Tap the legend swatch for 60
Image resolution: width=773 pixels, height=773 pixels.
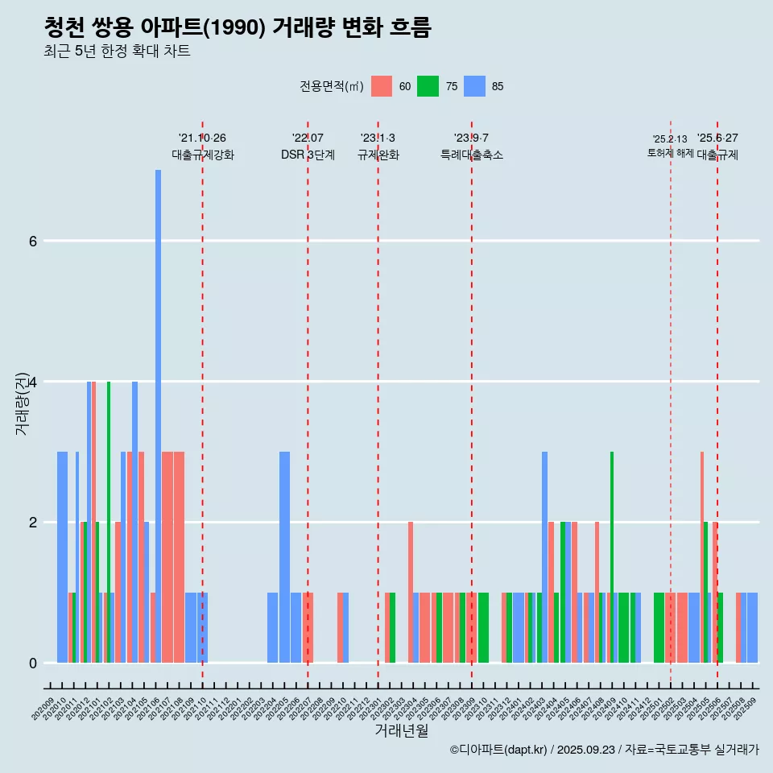tap(382, 87)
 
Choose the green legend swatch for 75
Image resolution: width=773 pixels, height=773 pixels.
tap(428, 87)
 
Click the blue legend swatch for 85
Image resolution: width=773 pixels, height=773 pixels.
tap(475, 87)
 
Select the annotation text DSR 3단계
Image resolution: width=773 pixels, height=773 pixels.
tap(308, 155)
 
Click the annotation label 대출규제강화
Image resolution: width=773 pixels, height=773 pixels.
tap(202, 155)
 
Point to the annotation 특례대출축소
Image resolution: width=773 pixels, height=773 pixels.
tap(471, 155)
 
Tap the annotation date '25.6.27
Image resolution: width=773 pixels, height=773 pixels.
tap(717, 138)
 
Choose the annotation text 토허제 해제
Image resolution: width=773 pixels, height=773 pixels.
tap(670, 153)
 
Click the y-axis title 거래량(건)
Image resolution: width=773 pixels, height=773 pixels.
tap(22, 403)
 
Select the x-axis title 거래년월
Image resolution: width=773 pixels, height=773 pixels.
tap(401, 730)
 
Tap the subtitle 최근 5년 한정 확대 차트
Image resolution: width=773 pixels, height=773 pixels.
tap(117, 52)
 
